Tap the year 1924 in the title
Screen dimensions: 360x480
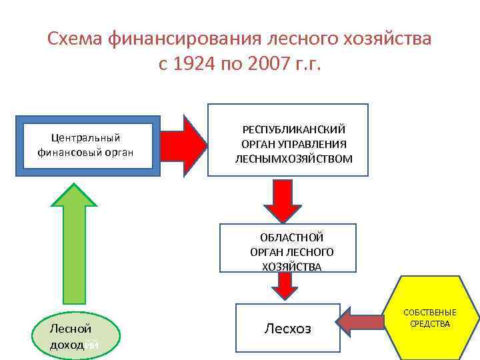point(197,65)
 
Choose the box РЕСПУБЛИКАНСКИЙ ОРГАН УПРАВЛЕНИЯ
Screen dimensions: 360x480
point(288,140)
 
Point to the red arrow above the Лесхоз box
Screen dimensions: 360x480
point(285,285)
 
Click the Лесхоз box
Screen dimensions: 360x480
point(287,328)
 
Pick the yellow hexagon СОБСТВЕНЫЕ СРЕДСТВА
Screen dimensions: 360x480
point(430,319)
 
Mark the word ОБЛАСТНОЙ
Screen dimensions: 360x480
point(292,237)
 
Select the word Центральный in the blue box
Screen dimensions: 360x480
point(86,138)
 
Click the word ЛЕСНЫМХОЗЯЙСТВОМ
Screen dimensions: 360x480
point(294,159)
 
